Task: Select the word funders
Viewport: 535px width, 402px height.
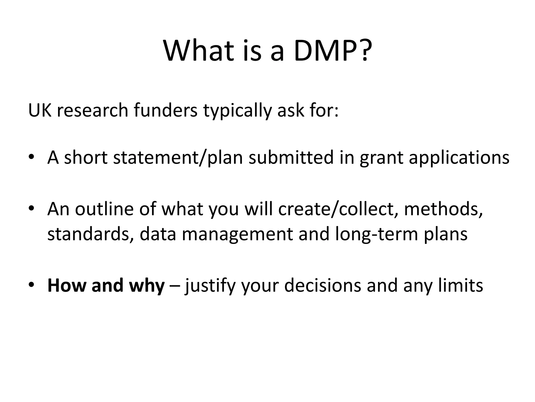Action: (166, 110)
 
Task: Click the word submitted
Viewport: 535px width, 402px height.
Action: (291, 158)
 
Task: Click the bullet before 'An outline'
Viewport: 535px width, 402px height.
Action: (32, 209)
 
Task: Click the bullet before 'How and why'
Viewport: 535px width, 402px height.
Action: (32, 285)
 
